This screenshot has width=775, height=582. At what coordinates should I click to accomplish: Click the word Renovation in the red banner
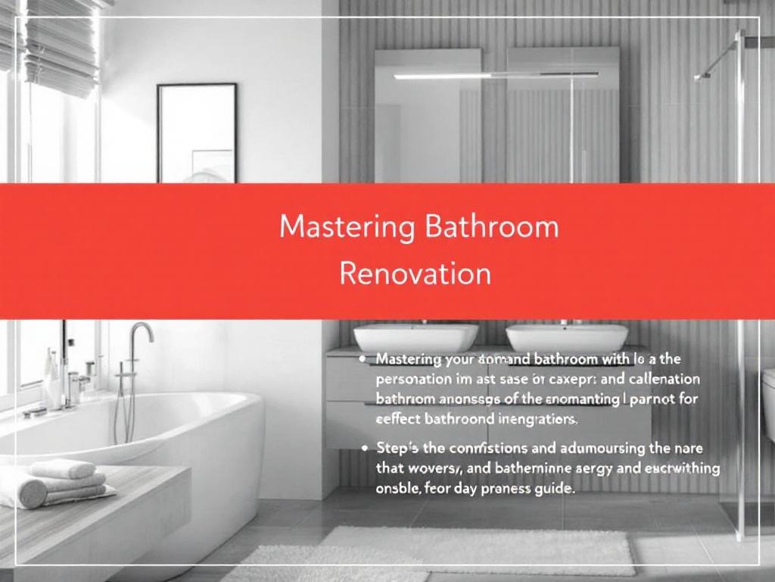(x=416, y=273)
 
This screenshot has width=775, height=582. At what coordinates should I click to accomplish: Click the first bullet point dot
(x=366, y=358)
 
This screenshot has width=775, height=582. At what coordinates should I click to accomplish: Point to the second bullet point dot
(x=366, y=449)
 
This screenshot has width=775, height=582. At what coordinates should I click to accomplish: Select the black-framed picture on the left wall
(x=197, y=133)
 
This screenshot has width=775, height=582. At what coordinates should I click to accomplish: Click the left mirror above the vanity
(x=428, y=114)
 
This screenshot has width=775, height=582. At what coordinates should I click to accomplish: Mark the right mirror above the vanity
(x=563, y=114)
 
